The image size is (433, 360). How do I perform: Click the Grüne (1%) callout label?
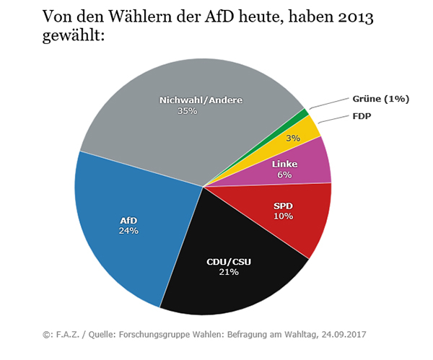[380, 99]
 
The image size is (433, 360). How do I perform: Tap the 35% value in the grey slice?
[188, 110]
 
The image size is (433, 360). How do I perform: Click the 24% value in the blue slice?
[129, 230]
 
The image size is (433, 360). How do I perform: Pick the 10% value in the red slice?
[283, 216]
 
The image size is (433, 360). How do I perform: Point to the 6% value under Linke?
[284, 175]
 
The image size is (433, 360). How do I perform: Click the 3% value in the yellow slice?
[293, 138]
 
